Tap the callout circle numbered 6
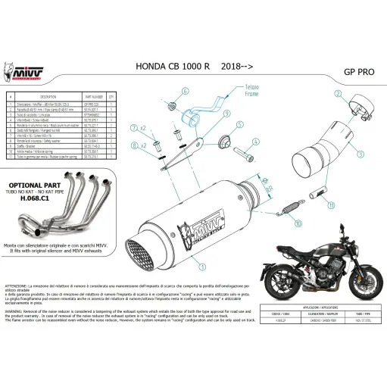pyautogui.click(x=184, y=91)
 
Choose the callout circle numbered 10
pyautogui.click(x=298, y=224)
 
